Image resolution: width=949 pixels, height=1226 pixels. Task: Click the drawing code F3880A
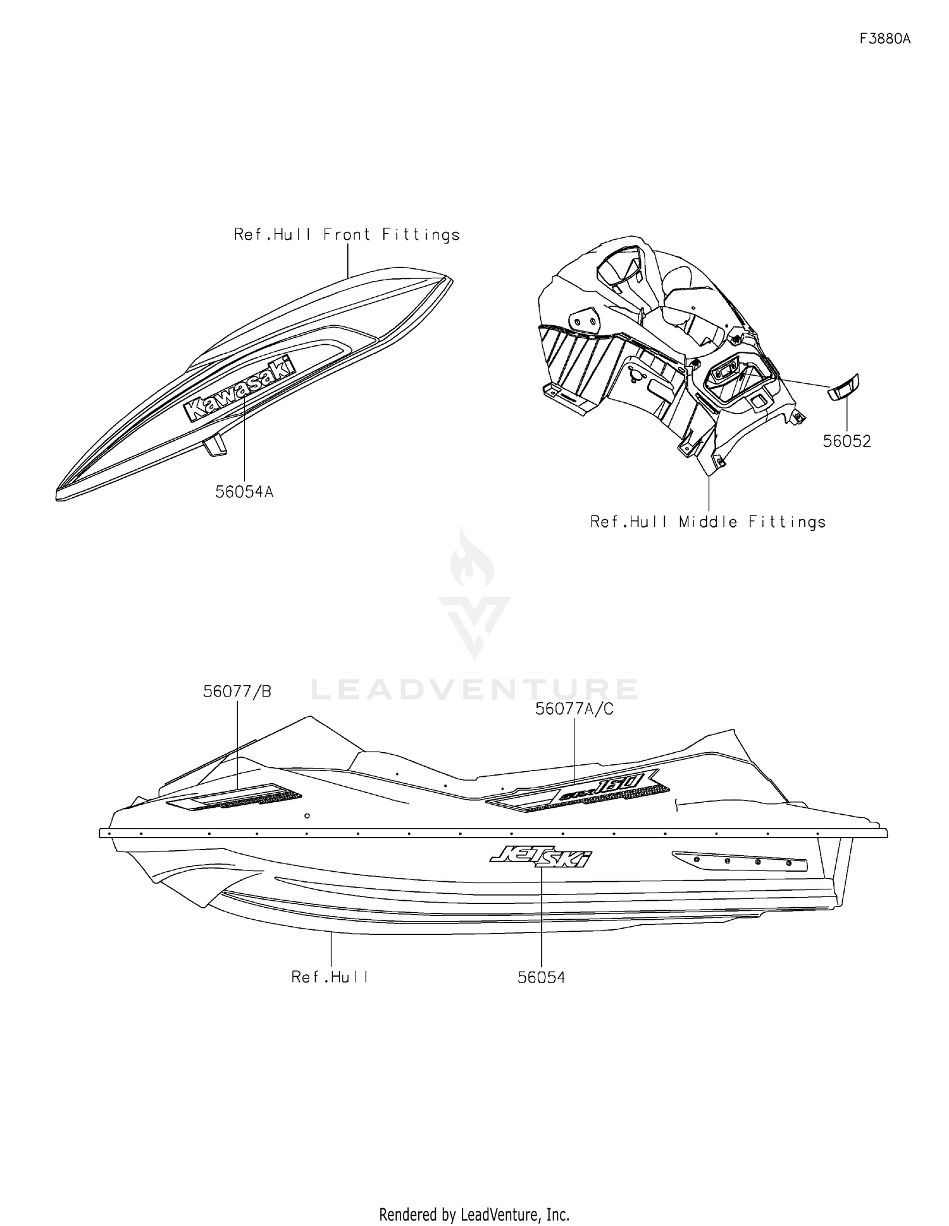(884, 39)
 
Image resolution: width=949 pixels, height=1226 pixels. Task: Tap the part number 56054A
(244, 492)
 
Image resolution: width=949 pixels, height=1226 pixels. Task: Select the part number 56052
(847, 441)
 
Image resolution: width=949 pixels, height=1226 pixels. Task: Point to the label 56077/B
(237, 691)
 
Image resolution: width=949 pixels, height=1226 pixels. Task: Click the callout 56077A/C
(574, 709)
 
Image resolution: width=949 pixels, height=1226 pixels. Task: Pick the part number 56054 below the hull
(542, 977)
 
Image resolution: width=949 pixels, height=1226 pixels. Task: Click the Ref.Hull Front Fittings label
(347, 235)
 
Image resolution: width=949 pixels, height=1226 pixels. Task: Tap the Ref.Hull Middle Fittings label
(708, 522)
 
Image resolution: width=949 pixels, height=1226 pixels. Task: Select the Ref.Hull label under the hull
(330, 977)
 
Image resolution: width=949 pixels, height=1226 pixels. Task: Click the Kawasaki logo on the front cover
(240, 388)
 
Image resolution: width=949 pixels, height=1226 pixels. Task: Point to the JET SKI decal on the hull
(542, 858)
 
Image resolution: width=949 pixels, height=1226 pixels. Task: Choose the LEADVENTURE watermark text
(475, 690)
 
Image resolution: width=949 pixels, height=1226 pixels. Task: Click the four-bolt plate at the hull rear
(740, 861)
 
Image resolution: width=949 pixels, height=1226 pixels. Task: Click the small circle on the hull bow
(307, 816)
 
